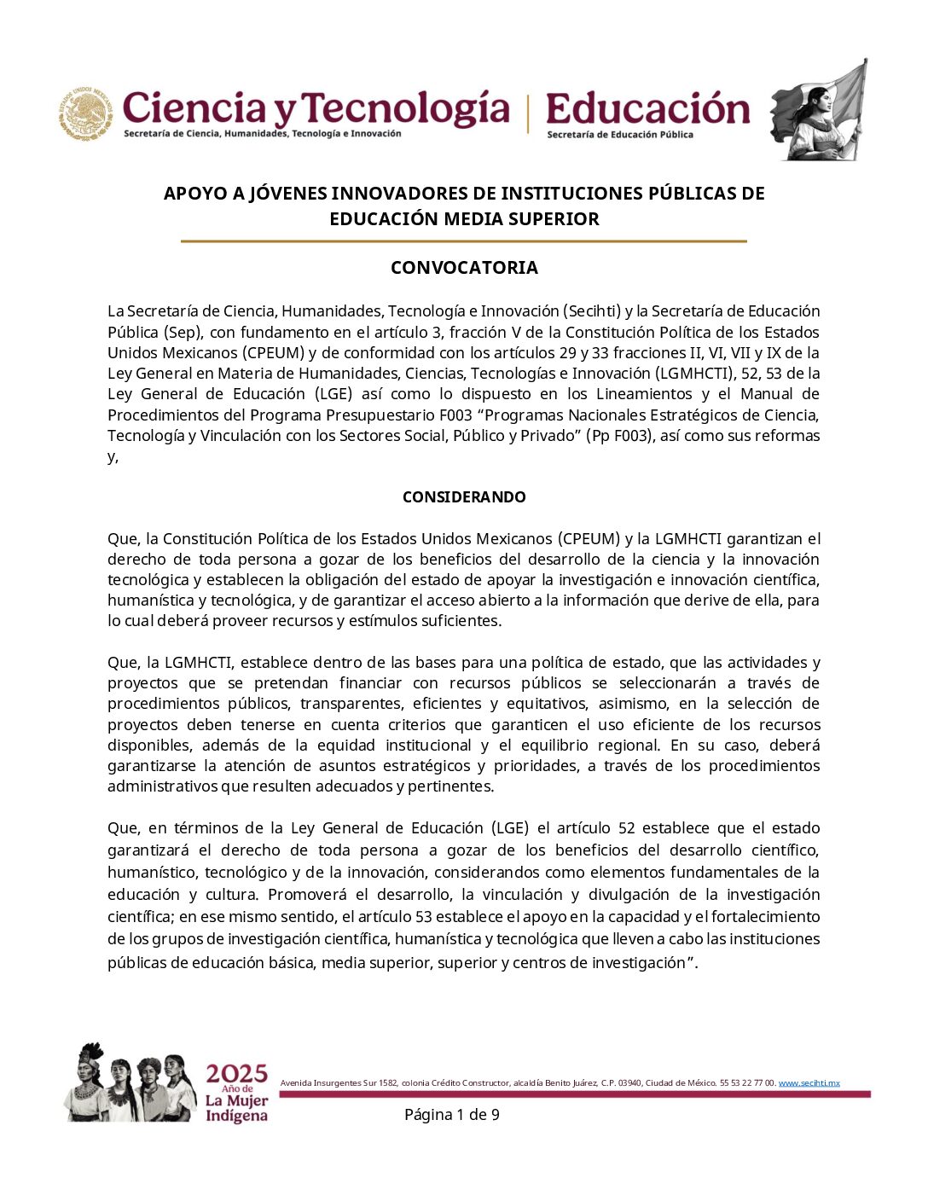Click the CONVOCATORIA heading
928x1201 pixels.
coord(464,268)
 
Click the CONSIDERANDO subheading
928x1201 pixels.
coord(464,496)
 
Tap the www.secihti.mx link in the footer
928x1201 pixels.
coord(809,1083)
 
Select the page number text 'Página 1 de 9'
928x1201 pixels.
coord(451,1115)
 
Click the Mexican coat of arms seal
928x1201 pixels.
coord(85,113)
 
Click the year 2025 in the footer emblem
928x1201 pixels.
coord(236,1073)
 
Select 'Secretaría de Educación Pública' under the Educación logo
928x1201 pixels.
coord(620,135)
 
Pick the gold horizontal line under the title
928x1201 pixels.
coord(464,241)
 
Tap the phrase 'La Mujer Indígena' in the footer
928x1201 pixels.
coord(236,1108)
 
